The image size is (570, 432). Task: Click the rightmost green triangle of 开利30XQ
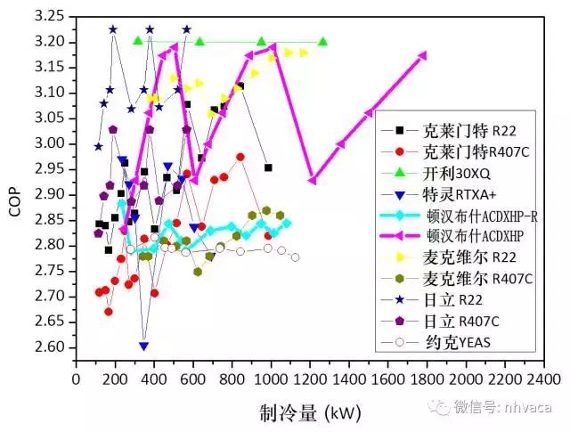click(322, 42)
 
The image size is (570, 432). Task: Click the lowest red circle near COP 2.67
click(109, 311)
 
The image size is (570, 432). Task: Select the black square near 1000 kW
click(268, 167)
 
